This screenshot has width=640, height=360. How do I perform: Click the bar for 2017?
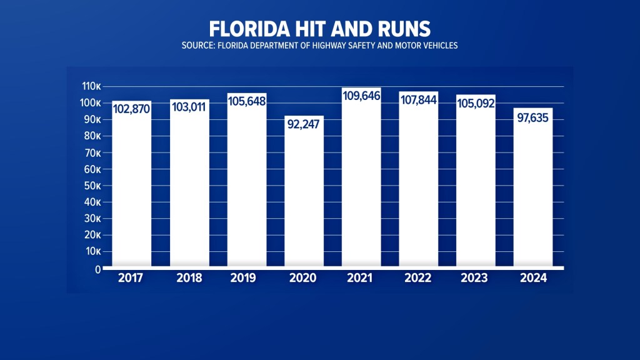point(132,187)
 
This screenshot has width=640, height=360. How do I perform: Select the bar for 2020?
point(304,194)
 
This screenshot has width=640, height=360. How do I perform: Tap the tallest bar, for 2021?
point(361,181)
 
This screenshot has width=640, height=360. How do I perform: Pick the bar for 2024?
point(533,187)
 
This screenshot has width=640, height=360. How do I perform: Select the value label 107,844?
point(419,101)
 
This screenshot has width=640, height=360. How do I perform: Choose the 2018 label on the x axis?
point(189,278)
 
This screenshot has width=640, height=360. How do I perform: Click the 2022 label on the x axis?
point(419,278)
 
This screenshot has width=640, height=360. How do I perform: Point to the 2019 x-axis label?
point(247,278)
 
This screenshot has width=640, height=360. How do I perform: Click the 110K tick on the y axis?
point(91,86)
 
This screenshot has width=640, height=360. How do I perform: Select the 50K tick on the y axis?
point(92,186)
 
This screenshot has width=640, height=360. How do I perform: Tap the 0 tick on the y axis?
point(98,269)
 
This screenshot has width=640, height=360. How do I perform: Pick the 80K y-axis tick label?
point(92,136)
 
